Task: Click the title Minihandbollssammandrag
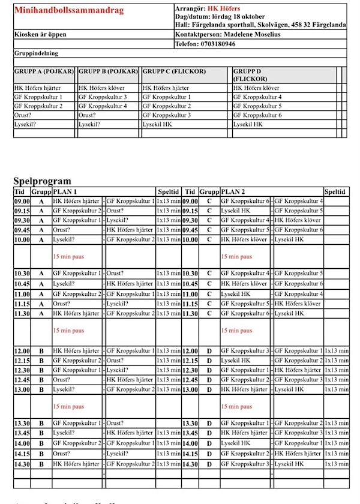pos(69,10)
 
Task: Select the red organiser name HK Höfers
pos(224,8)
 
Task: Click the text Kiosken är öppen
pos(40,34)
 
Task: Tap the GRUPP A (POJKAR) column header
pos(44,71)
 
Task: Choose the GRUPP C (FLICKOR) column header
pos(174,71)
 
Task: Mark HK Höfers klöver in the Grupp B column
pos(102,88)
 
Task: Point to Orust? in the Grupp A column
pos(23,115)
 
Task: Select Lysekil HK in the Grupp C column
pos(157,124)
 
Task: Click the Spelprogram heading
pos(42,181)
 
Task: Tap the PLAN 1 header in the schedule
pos(65,191)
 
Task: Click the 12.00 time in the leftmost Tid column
pos(22,350)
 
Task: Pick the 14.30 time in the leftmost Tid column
pos(22,464)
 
